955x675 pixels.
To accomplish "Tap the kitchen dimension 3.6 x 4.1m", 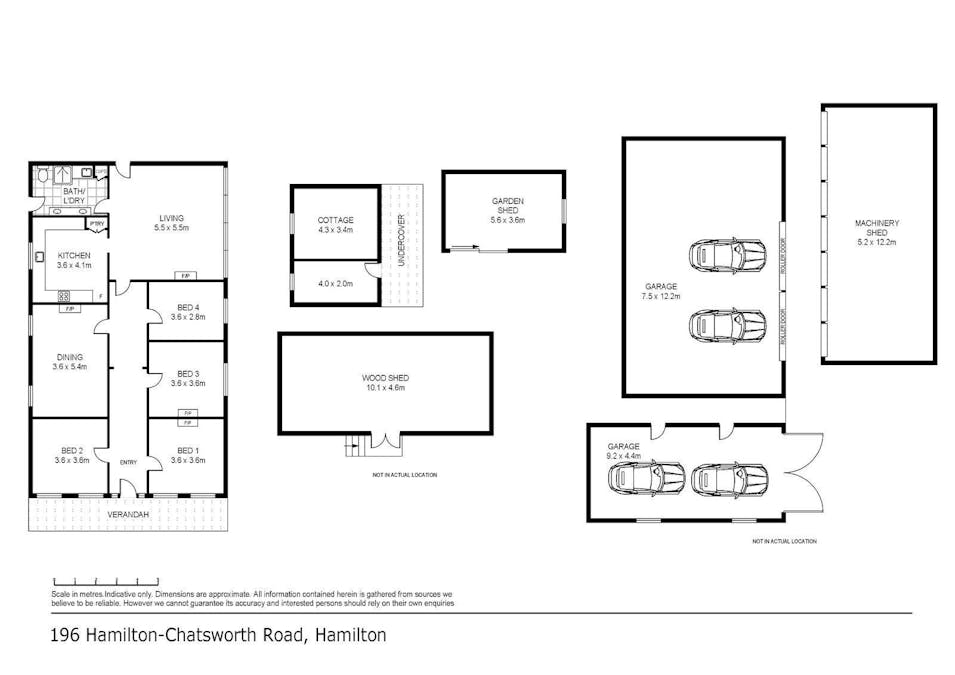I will click(x=74, y=265).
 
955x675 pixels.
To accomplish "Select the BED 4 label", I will click(x=187, y=307).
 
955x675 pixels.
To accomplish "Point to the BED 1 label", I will click(x=187, y=450).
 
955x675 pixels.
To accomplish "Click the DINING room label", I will click(x=69, y=356).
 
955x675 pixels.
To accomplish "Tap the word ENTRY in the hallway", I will click(x=128, y=462).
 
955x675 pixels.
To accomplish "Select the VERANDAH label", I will click(x=129, y=514).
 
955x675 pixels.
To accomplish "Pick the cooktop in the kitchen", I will click(x=65, y=296).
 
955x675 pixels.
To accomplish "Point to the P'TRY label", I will click(x=97, y=224).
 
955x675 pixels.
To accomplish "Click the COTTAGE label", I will click(x=335, y=220).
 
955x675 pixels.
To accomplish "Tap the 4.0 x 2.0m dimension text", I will click(x=335, y=282).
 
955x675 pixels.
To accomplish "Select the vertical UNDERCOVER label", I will click(x=401, y=236).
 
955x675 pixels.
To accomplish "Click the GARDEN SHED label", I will click(x=507, y=205).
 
